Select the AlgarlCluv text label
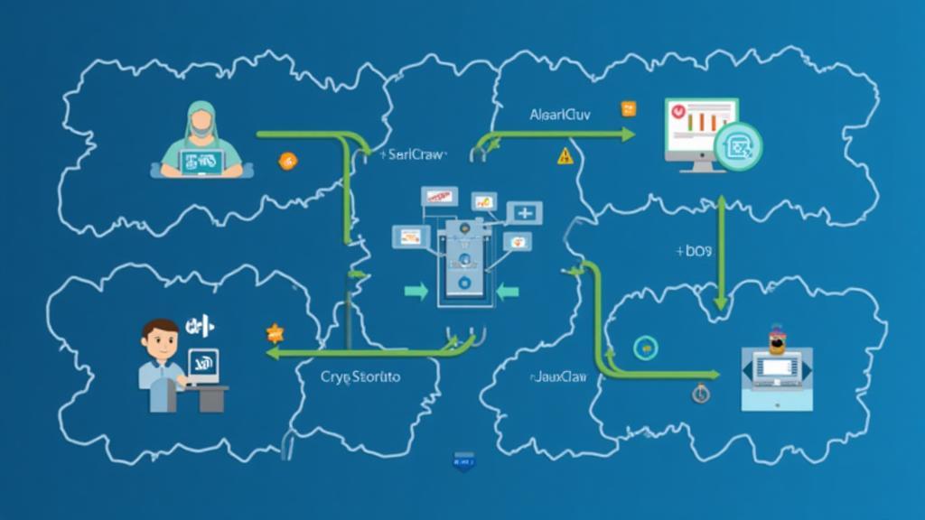pos(560,116)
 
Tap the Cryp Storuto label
pos(360,376)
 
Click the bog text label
pos(695,250)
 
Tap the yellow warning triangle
pos(565,155)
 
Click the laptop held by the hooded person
pos(201,162)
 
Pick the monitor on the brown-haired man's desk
pos(203,366)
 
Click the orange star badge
pos(275,333)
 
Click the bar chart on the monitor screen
pos(697,120)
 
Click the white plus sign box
pos(524,213)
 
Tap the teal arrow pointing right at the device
pos(416,291)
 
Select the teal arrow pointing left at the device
pos(507,291)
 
